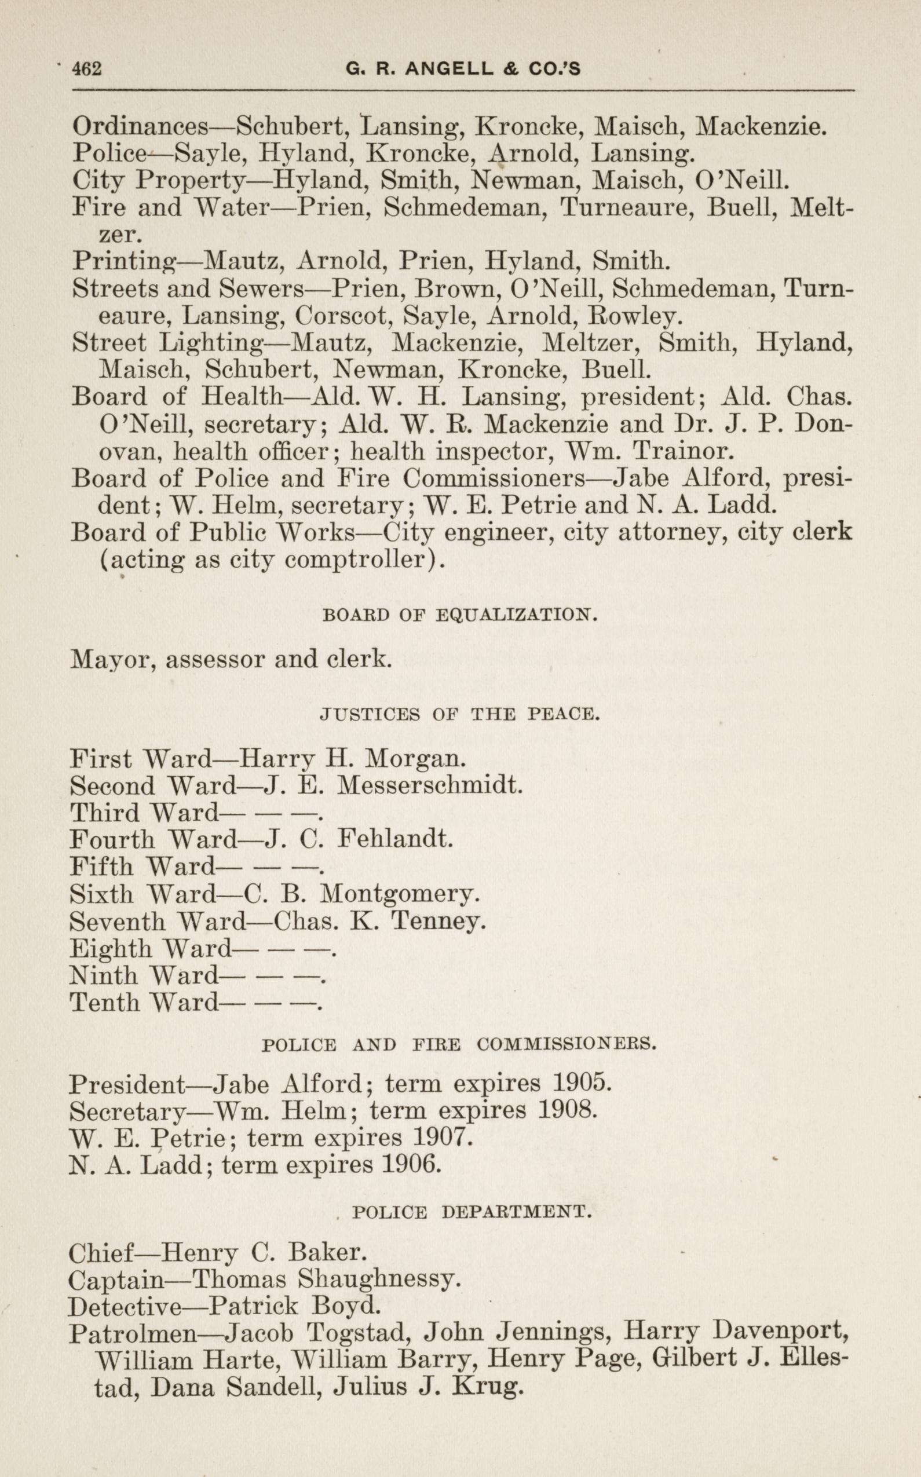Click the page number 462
(x=86, y=69)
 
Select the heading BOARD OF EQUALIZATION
(x=459, y=615)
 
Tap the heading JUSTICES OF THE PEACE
(x=460, y=714)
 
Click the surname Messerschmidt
(x=429, y=785)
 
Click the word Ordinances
(x=141, y=126)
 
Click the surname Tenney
(x=438, y=921)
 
